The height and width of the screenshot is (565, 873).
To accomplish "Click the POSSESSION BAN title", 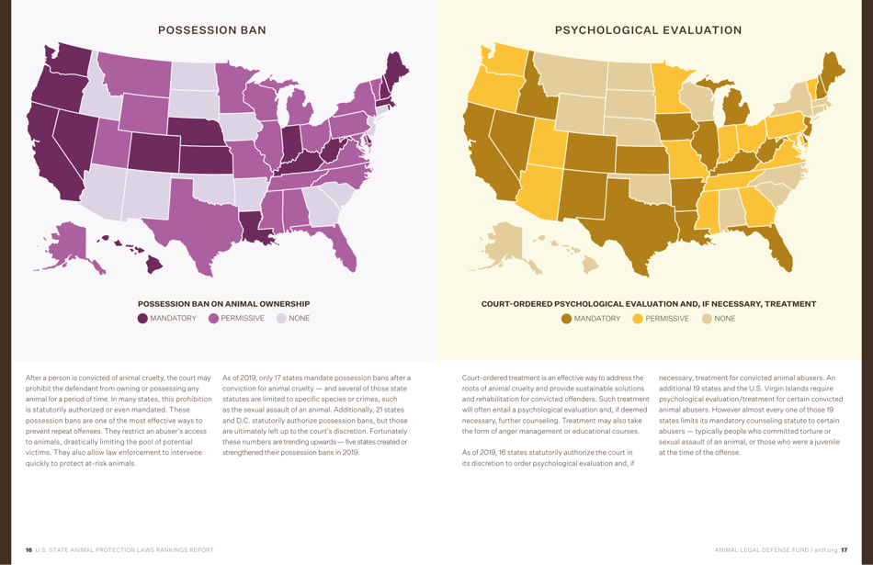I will coord(212,30).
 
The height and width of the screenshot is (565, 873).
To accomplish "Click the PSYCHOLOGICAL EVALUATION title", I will coord(648,30).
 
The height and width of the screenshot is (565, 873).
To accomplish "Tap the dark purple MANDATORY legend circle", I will coord(142,319).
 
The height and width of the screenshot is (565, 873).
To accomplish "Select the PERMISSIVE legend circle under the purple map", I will coord(213,319).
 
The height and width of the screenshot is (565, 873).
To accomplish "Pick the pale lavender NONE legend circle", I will coord(281,319).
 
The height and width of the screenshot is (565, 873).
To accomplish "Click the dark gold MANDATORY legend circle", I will coord(566,319).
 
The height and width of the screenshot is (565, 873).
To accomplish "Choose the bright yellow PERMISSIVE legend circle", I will coord(638,319).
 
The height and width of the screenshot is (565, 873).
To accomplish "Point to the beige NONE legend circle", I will coord(707,319).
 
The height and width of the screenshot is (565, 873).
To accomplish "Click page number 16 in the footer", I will coord(28,550).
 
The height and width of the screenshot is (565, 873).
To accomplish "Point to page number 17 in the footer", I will coord(844,550).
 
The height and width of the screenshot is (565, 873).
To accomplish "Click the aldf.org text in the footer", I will coord(825,550).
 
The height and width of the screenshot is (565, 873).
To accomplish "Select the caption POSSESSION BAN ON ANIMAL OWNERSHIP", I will coord(223,304).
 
